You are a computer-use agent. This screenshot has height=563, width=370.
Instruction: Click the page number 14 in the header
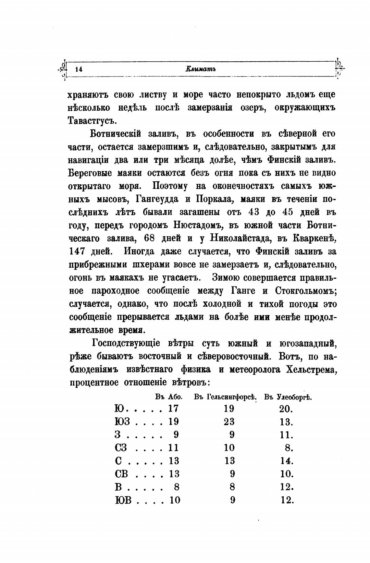(79, 69)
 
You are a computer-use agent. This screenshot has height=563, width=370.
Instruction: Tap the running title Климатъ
(201, 69)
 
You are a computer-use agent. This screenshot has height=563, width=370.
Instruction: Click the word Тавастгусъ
(92, 121)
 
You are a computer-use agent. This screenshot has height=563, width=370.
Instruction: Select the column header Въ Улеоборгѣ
(288, 397)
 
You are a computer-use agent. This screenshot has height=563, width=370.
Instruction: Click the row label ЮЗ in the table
(122, 422)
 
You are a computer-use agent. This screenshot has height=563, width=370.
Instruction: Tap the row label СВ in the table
(121, 474)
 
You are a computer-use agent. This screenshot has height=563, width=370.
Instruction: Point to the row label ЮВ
(123, 500)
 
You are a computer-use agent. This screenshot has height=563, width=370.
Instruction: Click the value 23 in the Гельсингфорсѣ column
(229, 422)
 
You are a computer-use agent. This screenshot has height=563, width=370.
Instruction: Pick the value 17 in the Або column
(173, 409)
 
